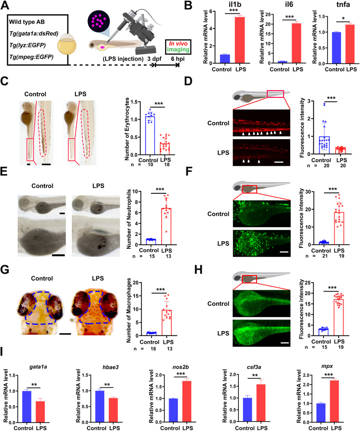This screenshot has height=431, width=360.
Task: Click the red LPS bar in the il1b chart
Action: pos(240,40)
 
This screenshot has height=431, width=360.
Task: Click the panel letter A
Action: pos(5,5)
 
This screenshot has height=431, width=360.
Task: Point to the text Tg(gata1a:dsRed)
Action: pos(34,33)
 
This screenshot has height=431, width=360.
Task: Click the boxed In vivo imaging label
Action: pos(178,47)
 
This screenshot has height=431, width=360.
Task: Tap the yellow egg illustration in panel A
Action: pos(67,44)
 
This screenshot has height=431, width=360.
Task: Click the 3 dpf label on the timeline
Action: pos(154,59)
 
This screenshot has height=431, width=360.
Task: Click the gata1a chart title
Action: pos(38,367)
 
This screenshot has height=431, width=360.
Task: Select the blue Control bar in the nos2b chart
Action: pos(173,410)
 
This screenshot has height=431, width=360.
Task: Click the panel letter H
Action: pos(198,270)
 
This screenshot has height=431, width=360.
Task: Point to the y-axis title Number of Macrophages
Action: pos(129,310)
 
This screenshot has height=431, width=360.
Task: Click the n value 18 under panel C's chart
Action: pos(166,165)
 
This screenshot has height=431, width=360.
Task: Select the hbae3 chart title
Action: pos(111,367)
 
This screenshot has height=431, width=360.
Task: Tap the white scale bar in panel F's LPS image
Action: pos(284,252)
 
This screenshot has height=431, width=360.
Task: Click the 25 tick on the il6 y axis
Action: pos(269,15)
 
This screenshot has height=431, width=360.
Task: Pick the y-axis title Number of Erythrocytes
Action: pos(127,129)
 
